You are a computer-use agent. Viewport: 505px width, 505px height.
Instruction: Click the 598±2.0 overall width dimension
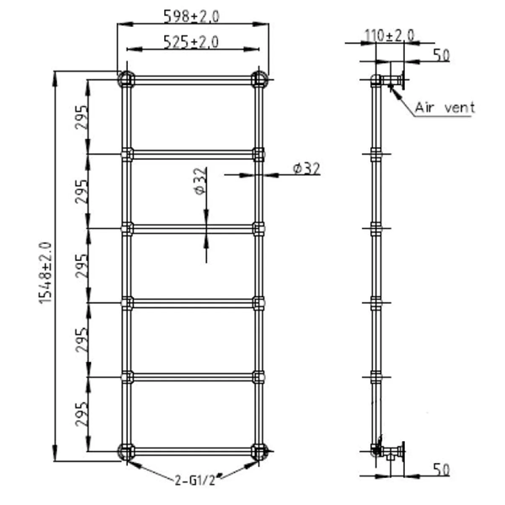(x=192, y=14)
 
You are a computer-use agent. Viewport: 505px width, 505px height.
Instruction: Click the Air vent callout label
(x=445, y=107)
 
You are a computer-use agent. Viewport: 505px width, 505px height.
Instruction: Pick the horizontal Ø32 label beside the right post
(x=306, y=168)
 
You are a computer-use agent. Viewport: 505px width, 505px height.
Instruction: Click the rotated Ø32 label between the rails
(x=199, y=183)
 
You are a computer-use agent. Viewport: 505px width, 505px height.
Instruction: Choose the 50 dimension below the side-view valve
(x=441, y=470)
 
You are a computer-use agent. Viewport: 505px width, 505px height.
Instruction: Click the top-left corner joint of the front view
(x=126, y=80)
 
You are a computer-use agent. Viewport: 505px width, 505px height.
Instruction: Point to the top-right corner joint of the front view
(x=258, y=80)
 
